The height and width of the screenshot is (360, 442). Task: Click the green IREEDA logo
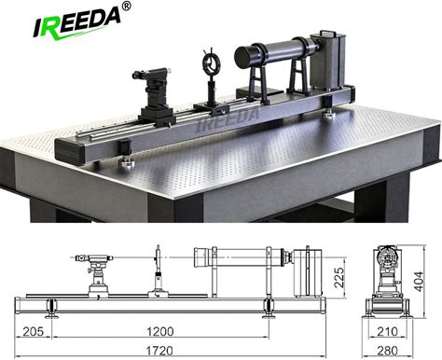pos(76,22)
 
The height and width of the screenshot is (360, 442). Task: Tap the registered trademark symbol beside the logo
pos(127,7)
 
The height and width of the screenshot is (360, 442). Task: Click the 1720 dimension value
pos(159,351)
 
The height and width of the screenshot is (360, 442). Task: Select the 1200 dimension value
pos(159,331)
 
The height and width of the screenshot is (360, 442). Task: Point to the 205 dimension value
pos(34,331)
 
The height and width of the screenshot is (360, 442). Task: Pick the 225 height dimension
pos(339,277)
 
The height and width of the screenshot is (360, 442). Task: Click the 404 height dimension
pos(419,282)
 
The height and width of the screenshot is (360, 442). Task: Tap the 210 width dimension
pos(387,331)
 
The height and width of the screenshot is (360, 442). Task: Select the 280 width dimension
pos(387,351)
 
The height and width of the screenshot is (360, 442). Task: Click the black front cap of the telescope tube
pos(244,57)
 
